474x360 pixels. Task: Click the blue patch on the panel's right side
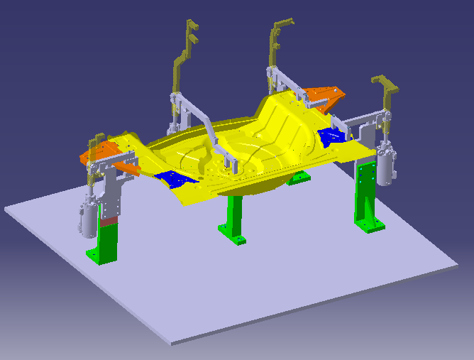[331, 136]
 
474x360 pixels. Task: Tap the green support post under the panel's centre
[234, 216]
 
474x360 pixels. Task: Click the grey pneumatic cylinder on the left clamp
[87, 221]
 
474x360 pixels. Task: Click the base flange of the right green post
[370, 226]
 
